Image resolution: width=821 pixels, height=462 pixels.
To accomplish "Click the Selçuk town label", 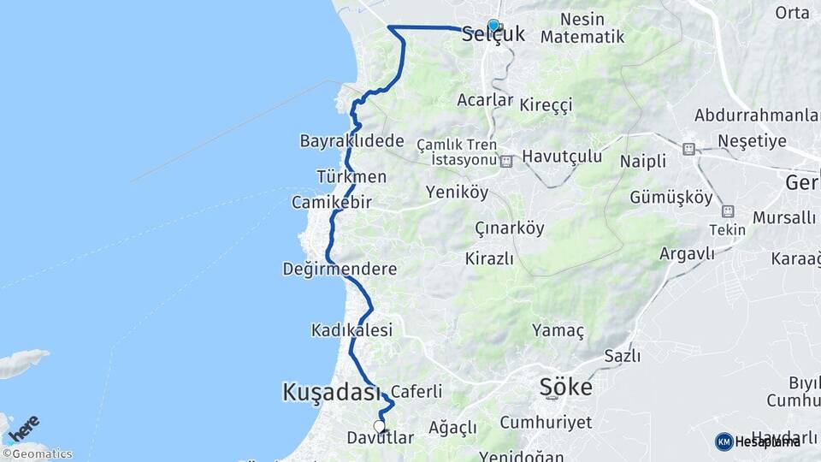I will pyautogui.click(x=493, y=36).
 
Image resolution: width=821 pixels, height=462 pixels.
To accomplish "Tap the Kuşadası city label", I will pyautogui.click(x=330, y=393).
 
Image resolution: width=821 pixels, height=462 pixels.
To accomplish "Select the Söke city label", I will pyautogui.click(x=565, y=387).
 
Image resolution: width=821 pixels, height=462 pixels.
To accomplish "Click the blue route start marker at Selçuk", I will pyautogui.click(x=493, y=26).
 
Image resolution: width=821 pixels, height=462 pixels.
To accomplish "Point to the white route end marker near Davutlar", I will pyautogui.click(x=380, y=425).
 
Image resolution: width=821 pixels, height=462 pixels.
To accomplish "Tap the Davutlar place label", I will pyautogui.click(x=381, y=438).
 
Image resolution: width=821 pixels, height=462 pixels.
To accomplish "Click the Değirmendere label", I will pyautogui.click(x=340, y=269).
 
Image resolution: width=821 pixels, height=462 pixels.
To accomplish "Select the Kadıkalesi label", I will pyautogui.click(x=351, y=329).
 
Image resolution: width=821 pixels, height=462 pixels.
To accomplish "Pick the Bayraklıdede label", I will pyautogui.click(x=351, y=140).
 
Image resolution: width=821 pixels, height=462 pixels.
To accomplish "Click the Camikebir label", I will pyautogui.click(x=332, y=203).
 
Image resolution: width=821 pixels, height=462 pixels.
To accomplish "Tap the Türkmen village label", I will pyautogui.click(x=351, y=177).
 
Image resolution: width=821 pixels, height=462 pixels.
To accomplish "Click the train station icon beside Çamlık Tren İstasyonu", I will pyautogui.click(x=507, y=160).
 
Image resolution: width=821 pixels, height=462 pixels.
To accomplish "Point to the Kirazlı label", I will pyautogui.click(x=490, y=258).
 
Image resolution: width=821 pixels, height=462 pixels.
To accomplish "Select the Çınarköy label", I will pyautogui.click(x=510, y=228).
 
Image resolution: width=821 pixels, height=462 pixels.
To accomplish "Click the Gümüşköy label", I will pyautogui.click(x=671, y=198).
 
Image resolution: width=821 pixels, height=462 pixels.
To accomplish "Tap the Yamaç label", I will pyautogui.click(x=558, y=330).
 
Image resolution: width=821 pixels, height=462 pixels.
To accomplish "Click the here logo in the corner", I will pyautogui.click(x=23, y=427).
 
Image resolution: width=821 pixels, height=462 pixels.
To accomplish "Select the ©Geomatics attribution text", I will pyautogui.click(x=38, y=454).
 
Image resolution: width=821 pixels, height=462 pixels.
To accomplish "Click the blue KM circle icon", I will pyautogui.click(x=724, y=441).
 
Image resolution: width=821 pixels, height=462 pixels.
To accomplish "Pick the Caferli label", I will pyautogui.click(x=416, y=392).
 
